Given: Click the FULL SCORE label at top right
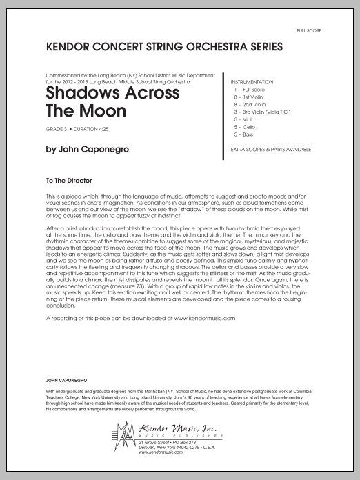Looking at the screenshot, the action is tap(307, 30).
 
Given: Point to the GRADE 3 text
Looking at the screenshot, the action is tap(56, 129).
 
